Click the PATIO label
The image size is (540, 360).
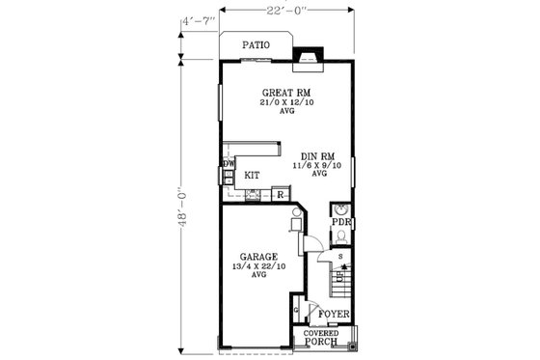(x=255, y=44)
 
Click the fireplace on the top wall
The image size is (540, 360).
(x=309, y=56)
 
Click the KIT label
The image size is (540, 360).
(x=251, y=176)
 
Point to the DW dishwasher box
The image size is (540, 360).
(x=229, y=165)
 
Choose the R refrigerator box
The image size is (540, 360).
(x=280, y=195)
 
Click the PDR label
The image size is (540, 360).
(x=340, y=222)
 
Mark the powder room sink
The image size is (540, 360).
(x=340, y=209)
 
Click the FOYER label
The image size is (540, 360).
(x=334, y=314)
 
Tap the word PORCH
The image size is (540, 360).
(x=321, y=342)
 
